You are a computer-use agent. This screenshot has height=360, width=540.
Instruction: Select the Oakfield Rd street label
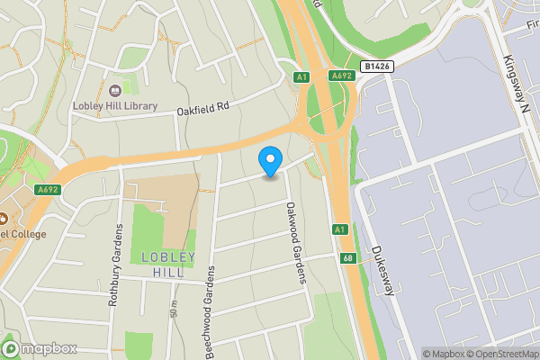[x=203, y=107]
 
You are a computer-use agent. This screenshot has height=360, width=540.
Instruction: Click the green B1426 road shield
[x=378, y=66]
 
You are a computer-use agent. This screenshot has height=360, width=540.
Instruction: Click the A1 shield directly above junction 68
[x=339, y=229]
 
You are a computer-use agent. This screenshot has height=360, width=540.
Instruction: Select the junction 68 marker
[x=347, y=258]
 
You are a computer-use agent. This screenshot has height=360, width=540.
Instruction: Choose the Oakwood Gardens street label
[x=296, y=242]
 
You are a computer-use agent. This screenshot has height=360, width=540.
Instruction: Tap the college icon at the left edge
[x=4, y=218]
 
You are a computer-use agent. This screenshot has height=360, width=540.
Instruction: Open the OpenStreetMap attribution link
[x=500, y=354]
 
